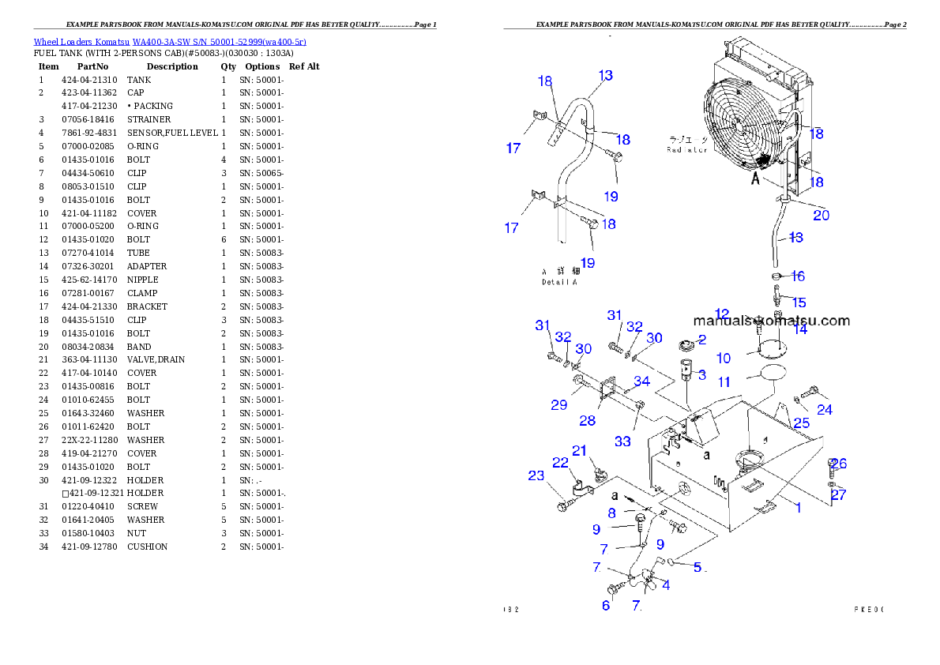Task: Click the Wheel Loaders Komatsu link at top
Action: [169, 42]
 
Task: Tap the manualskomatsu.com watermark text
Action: [771, 321]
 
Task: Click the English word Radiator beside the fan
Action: [686, 150]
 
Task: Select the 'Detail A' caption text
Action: [559, 282]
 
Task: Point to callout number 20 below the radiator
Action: [821, 215]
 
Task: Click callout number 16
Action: [798, 276]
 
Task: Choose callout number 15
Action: [799, 302]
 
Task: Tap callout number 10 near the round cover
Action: [724, 359]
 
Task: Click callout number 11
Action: [724, 382]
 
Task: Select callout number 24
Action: [825, 410]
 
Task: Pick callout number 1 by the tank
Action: [798, 508]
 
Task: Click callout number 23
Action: [536, 475]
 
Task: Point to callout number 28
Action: [587, 421]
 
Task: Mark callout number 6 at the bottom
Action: [606, 606]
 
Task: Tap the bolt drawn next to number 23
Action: [562, 501]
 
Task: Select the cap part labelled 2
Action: [686, 345]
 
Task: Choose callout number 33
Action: [622, 441]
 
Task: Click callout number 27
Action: [838, 495]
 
